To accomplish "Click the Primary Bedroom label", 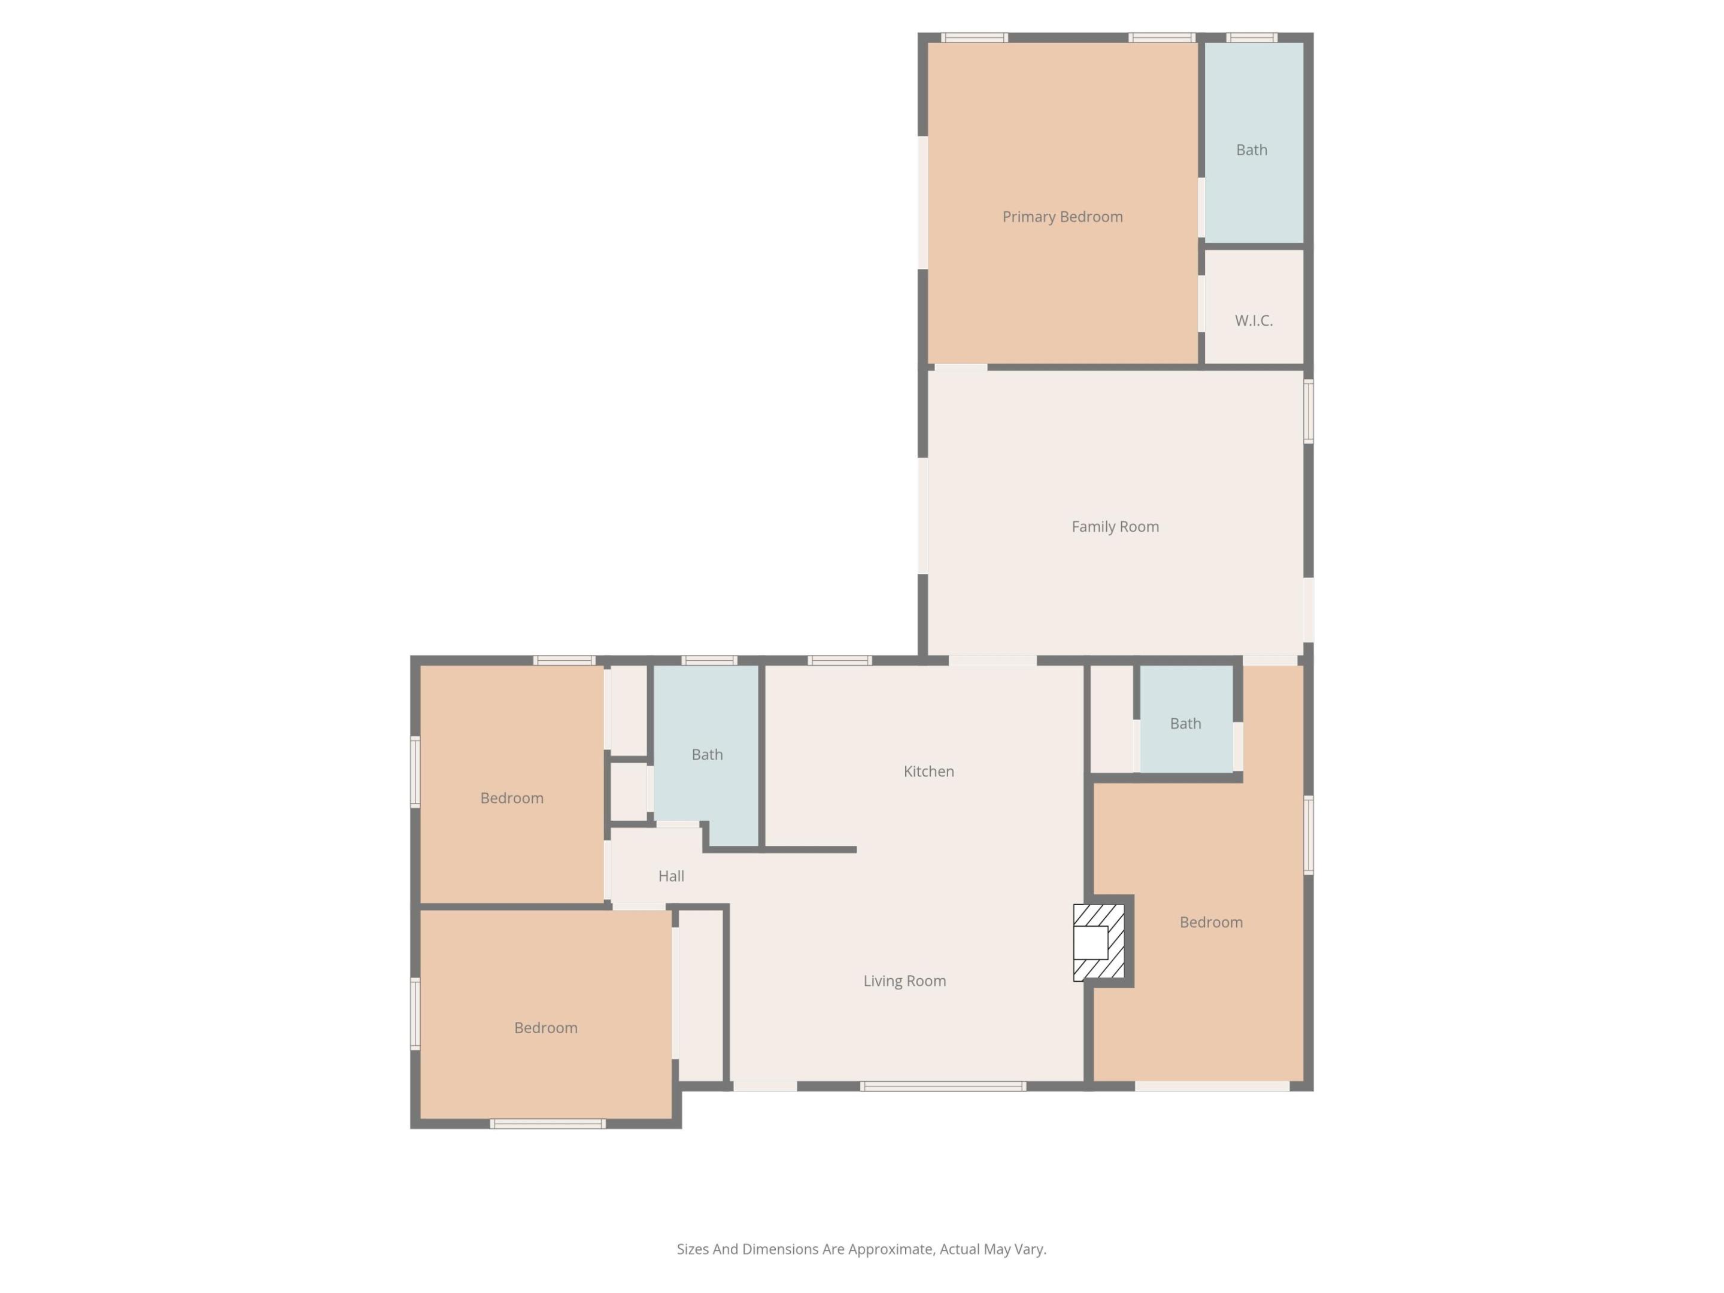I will (x=1063, y=217).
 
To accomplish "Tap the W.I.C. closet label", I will (x=1253, y=320).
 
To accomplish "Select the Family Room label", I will (x=1115, y=527).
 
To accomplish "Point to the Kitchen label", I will (x=928, y=772).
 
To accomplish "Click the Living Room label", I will (x=904, y=981).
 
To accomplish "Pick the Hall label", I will (x=671, y=876).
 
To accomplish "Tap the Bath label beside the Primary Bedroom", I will (x=1251, y=150).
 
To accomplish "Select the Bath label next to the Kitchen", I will (x=707, y=754).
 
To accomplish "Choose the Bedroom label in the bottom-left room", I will (x=545, y=1028).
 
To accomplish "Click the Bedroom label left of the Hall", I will (x=511, y=798).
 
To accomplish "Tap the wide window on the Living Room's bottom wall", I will (x=942, y=1086).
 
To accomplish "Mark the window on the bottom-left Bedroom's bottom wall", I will (x=547, y=1124).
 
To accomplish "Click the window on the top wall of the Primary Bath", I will (x=1251, y=37).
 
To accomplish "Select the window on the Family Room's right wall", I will (x=1309, y=411).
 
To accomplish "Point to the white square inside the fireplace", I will (x=1090, y=943).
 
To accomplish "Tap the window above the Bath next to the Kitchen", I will (x=709, y=661).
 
